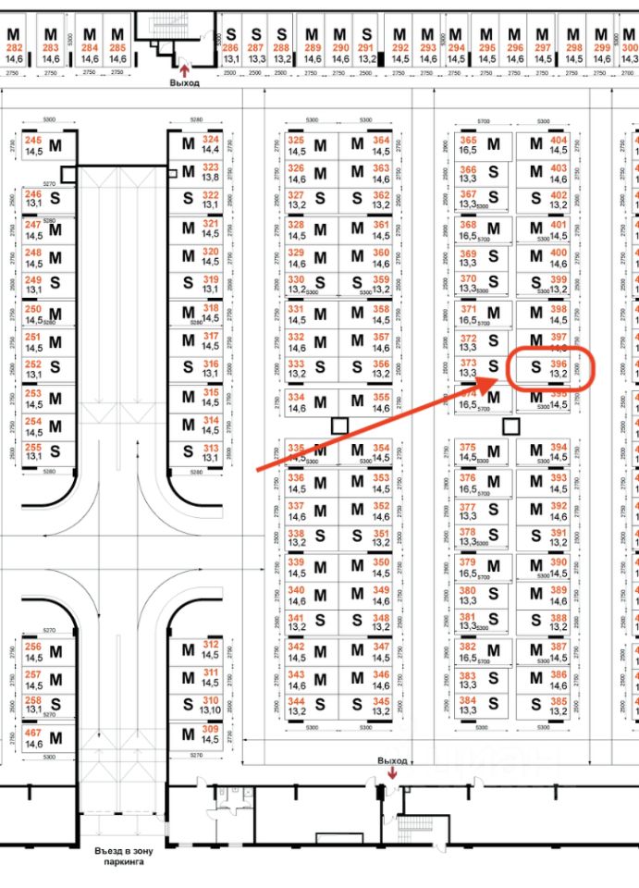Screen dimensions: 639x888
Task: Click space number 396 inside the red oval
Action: point(558,364)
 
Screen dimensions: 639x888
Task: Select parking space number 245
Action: point(33,140)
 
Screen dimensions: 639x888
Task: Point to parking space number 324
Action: point(210,140)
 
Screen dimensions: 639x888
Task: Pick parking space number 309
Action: point(210,733)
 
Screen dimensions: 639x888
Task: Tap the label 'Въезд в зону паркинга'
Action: point(123,855)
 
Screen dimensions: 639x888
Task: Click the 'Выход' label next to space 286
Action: point(184,82)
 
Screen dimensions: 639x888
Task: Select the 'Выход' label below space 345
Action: point(392,760)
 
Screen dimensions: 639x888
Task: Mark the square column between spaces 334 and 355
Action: point(340,425)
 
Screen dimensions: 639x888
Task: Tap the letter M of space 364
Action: point(357,144)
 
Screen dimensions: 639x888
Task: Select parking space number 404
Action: point(558,140)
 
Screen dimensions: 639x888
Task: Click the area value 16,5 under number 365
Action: point(468,150)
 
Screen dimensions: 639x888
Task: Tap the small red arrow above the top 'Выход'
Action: point(184,68)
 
